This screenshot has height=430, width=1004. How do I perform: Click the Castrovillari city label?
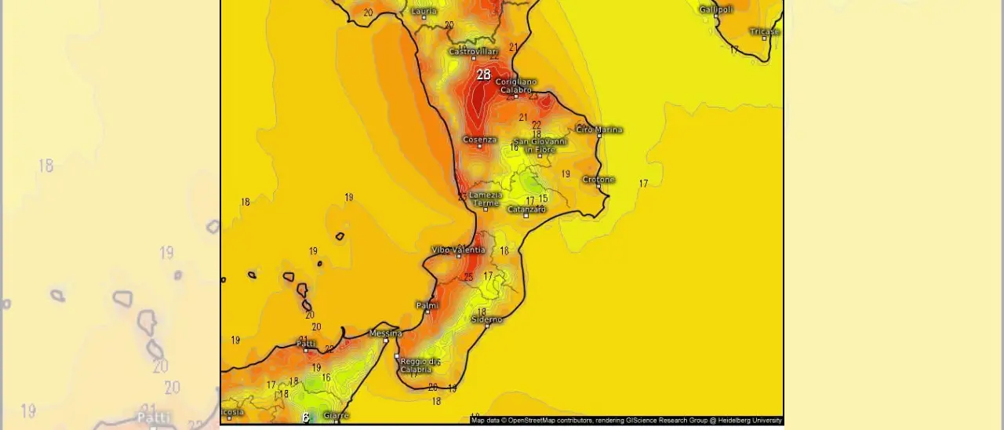click(473, 52)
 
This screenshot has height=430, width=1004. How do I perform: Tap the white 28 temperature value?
click(483, 75)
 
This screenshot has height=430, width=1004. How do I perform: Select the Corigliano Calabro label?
click(516, 86)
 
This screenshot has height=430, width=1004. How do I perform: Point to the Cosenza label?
click(479, 140)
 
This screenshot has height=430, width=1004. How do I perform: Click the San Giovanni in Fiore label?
click(540, 145)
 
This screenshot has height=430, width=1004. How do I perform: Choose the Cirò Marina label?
click(599, 129)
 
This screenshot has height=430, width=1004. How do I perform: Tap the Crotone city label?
click(598, 180)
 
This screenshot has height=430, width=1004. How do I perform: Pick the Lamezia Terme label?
click(486, 199)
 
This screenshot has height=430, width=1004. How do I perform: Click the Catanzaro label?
click(526, 210)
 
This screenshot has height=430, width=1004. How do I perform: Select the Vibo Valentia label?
click(459, 250)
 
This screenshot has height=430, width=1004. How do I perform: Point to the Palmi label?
click(427, 305)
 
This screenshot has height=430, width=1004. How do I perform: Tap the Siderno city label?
click(487, 319)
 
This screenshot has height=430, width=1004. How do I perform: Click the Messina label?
click(385, 333)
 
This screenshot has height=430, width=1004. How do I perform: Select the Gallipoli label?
click(715, 9)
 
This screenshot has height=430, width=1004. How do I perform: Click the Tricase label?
click(764, 31)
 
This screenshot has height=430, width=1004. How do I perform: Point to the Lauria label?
click(424, 11)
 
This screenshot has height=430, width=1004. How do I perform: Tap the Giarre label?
click(336, 415)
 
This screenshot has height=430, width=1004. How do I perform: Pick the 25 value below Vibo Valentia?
click(468, 277)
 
